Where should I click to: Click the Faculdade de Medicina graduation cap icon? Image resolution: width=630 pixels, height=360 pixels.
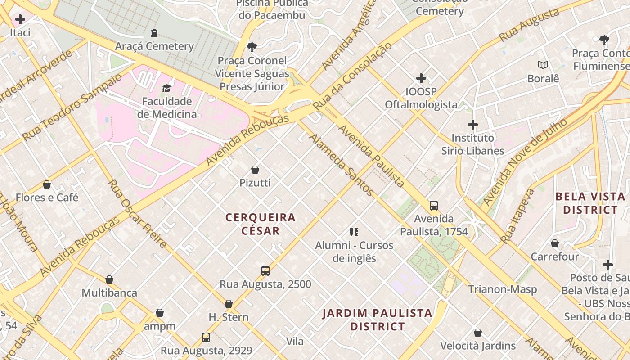pyautogui.click(x=167, y=88)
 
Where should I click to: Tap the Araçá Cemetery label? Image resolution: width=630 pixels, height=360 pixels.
pyautogui.click(x=154, y=46)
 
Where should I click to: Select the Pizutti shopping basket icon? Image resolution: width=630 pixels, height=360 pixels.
pyautogui.click(x=255, y=170)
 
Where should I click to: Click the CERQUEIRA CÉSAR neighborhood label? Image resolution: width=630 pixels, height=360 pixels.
pyautogui.click(x=261, y=224)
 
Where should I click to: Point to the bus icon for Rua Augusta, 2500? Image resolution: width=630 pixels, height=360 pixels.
pyautogui.click(x=265, y=271)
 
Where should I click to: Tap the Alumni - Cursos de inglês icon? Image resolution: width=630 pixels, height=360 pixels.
pyautogui.click(x=354, y=232)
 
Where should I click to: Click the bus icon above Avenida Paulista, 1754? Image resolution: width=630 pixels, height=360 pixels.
pyautogui.click(x=434, y=206)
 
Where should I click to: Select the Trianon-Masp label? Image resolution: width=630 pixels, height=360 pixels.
pyautogui.click(x=503, y=289)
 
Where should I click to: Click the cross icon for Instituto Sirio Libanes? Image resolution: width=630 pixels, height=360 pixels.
pyautogui.click(x=472, y=125)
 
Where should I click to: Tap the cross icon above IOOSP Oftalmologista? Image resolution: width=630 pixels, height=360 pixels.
pyautogui.click(x=421, y=79)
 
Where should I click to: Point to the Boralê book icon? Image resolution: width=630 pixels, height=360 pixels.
pyautogui.click(x=543, y=65)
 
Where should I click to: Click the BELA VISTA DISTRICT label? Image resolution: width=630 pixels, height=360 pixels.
pyautogui.click(x=590, y=203)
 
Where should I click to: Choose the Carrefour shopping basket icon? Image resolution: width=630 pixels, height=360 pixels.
pyautogui.click(x=555, y=243)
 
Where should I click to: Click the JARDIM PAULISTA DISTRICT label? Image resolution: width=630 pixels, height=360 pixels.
pyautogui.click(x=378, y=319)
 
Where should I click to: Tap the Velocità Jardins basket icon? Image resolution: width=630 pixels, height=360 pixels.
pyautogui.click(x=478, y=333)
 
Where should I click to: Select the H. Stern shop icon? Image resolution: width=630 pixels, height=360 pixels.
pyautogui.click(x=229, y=304)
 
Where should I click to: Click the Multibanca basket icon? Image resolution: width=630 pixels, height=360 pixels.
pyautogui.click(x=109, y=279)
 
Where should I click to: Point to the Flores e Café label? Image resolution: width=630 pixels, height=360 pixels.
pyautogui.click(x=47, y=198)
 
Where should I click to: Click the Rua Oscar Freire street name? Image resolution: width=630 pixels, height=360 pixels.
pyautogui.click(x=138, y=214)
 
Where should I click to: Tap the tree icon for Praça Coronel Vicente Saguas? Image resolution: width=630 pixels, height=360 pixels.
pyautogui.click(x=252, y=47)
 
